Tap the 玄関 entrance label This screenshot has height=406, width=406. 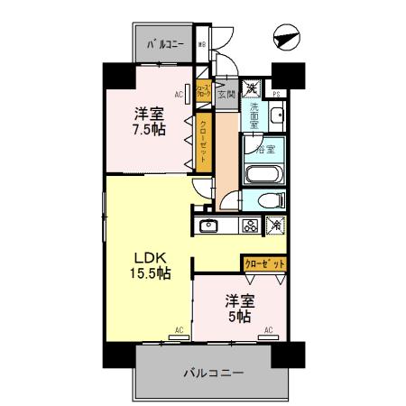point(226,93)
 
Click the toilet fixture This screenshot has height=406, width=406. point(269,200)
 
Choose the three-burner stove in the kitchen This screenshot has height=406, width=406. point(249,226)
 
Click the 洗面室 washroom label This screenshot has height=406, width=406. point(255,116)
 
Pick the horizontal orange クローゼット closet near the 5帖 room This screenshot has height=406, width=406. point(265,264)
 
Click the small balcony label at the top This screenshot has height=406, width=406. point(164,43)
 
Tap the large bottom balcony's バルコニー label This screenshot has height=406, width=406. point(214,372)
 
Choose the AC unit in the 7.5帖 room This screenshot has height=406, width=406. point(180,93)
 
